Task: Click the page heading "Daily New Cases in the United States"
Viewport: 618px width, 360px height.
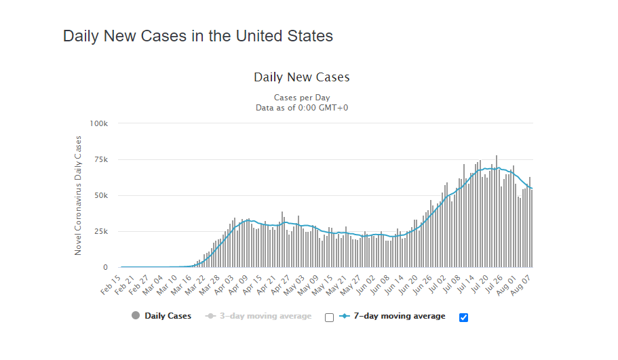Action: [x=198, y=36]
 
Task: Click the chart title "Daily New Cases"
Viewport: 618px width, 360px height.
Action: [x=302, y=77]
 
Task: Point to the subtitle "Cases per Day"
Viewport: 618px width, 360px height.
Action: [x=302, y=98]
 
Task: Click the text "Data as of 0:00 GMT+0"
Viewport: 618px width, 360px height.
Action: [x=302, y=107]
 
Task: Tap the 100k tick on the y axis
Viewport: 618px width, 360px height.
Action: [x=99, y=123]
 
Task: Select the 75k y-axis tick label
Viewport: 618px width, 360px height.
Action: [x=101, y=160]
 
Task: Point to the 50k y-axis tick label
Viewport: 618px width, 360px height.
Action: [x=101, y=196]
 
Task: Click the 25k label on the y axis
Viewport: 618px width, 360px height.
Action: [x=101, y=232]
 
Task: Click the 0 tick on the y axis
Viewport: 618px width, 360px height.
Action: [x=105, y=268]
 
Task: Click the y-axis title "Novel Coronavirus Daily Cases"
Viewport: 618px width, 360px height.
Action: [x=78, y=195]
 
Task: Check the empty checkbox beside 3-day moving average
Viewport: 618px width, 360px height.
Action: [x=330, y=317]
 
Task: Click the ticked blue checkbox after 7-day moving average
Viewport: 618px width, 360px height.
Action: [x=464, y=317]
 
